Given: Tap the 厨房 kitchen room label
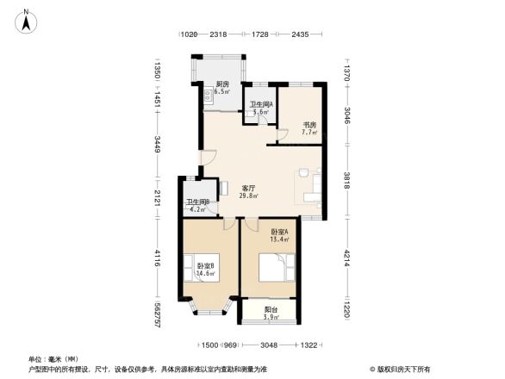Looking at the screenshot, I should (x=222, y=84).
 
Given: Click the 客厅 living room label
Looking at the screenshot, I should (x=249, y=188).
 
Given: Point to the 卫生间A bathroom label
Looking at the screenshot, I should (x=261, y=105).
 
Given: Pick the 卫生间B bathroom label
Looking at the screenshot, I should (x=198, y=202).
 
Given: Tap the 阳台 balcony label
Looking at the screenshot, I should (x=271, y=310).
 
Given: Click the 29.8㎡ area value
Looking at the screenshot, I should (x=249, y=196).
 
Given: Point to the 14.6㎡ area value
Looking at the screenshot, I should (x=204, y=273).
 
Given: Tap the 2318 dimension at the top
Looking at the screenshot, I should (x=218, y=34).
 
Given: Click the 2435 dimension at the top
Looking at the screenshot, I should (x=300, y=34).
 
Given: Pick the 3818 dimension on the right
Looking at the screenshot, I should (x=347, y=182).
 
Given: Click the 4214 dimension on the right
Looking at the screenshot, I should (x=347, y=258).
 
